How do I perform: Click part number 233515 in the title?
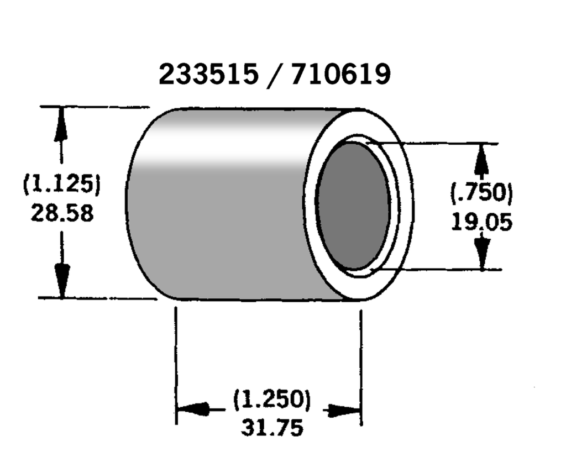(209, 75)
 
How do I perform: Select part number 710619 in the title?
(340, 75)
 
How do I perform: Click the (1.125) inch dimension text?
(62, 184)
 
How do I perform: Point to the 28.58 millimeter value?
(62, 213)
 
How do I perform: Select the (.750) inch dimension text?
(481, 193)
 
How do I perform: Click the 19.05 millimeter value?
(481, 222)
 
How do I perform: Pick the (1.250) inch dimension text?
(272, 399)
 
